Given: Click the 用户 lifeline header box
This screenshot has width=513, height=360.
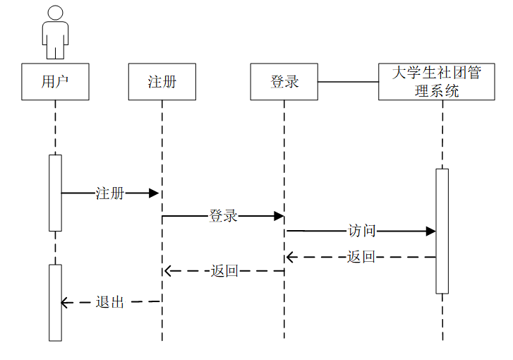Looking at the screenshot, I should (x=55, y=81).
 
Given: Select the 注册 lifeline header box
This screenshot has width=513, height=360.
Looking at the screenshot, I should (x=162, y=81).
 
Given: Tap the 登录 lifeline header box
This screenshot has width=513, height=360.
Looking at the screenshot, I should (x=284, y=81).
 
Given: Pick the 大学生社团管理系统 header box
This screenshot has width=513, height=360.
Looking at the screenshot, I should (x=436, y=81).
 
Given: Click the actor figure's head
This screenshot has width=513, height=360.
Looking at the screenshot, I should (x=55, y=12).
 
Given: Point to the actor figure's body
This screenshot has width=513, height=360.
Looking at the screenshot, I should (x=55, y=39).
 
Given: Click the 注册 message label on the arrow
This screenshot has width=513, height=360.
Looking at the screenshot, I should (x=110, y=193).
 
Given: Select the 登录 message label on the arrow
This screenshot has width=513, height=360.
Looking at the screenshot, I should (x=223, y=216).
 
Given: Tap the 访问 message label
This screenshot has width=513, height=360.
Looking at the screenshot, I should (x=362, y=231).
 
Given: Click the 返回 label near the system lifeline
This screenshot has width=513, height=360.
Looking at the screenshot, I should (x=361, y=257).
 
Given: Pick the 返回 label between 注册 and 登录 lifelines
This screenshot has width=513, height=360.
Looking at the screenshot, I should (x=224, y=270).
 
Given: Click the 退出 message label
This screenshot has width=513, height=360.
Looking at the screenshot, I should (x=110, y=302).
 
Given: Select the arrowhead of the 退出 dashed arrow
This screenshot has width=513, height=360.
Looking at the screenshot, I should (x=65, y=303).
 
